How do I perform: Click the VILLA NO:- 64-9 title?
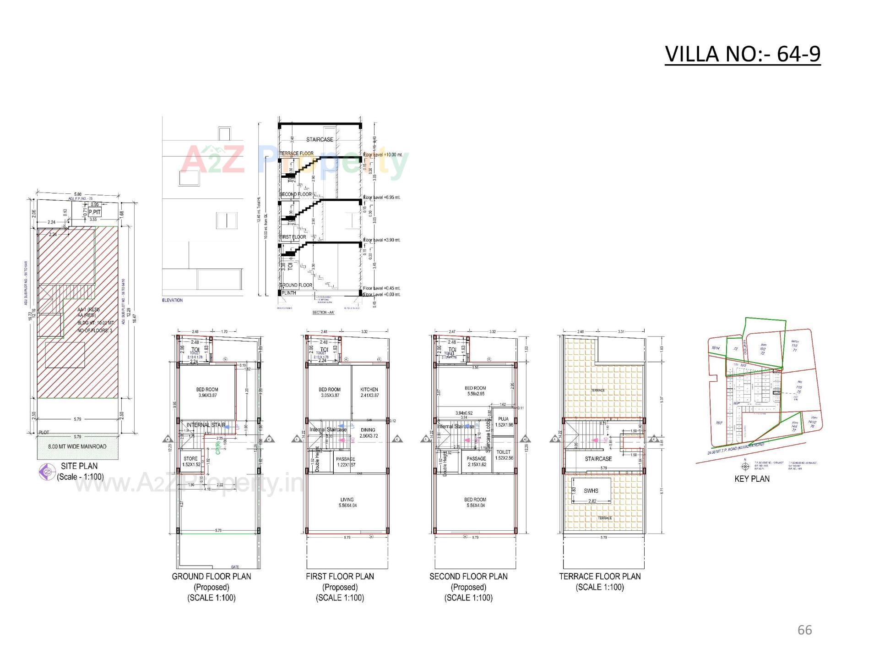pos(742,54)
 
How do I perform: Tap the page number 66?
pos(804,630)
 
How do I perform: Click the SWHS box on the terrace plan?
pos(591,491)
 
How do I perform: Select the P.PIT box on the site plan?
pos(95,213)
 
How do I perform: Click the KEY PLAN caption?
pos(752,479)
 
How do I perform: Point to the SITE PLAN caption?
pos(79,466)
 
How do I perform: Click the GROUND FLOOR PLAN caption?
pos(212,577)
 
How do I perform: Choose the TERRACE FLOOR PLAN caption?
pos(600,577)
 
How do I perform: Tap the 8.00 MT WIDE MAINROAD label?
pos(77,446)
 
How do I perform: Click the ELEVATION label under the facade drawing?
pos(172,300)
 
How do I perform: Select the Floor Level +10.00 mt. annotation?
pos(382,155)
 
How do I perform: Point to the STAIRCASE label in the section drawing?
pos(320,139)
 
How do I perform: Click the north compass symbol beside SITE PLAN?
pos(46,472)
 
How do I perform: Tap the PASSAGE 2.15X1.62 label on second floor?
pos(476,462)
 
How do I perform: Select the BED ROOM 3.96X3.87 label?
pos(207,392)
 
